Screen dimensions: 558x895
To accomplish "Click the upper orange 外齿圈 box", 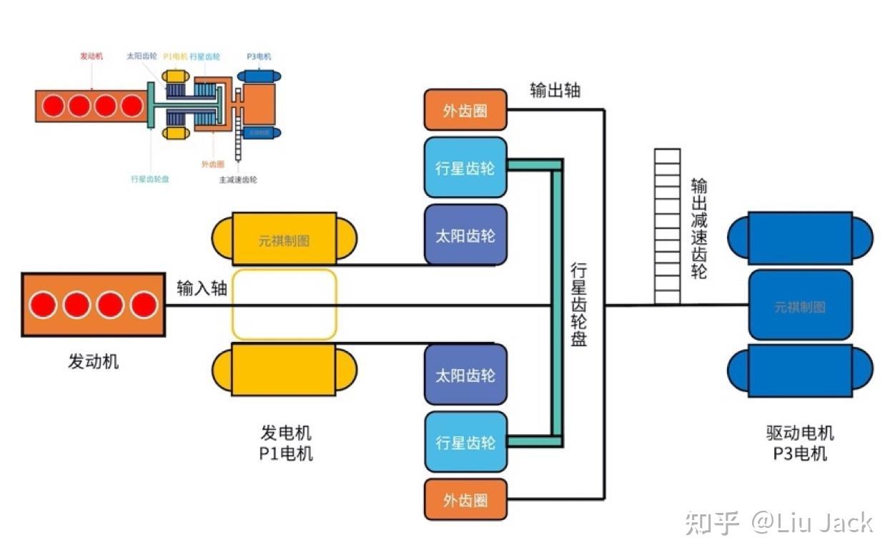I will tap(465, 111).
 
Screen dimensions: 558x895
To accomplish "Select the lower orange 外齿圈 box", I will tap(465, 499).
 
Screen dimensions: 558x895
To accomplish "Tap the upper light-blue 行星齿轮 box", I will tap(465, 167).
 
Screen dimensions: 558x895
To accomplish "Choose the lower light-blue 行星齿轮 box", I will tap(465, 442).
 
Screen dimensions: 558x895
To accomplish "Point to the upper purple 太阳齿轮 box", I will tap(465, 235).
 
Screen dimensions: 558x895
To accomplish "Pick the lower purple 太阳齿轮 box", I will tap(465, 375).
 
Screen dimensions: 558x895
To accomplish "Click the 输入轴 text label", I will tap(202, 288).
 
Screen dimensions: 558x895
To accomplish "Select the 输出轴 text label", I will tap(555, 89).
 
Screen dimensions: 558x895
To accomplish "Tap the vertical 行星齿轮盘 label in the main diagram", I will tap(578, 304).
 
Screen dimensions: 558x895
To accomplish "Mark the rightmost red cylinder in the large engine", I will tap(144, 305).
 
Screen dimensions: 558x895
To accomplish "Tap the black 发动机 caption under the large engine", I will tap(93, 361).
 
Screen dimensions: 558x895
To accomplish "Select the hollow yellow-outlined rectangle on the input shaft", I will tap(284, 304).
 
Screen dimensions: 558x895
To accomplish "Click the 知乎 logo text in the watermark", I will tap(711, 523).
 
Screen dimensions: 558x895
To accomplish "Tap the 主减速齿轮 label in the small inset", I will tap(238, 180).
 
